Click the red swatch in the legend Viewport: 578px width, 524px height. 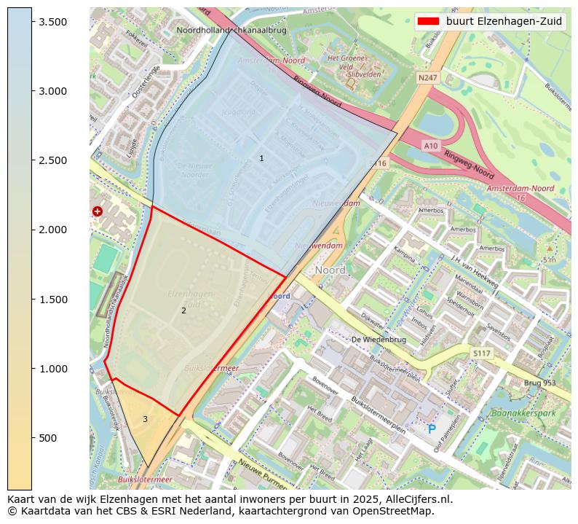click(x=428, y=21)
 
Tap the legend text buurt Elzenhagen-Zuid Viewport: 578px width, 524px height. click(x=504, y=21)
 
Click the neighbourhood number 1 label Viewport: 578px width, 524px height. click(x=261, y=158)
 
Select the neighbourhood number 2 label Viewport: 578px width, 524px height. click(x=183, y=310)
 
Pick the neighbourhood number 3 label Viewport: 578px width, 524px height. click(x=145, y=419)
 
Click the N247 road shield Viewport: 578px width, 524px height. click(x=429, y=77)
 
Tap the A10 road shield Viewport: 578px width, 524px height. click(x=431, y=146)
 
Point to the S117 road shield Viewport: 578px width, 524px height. click(x=482, y=353)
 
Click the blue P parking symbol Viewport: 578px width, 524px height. click(x=432, y=430)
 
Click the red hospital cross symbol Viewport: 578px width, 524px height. click(x=98, y=211)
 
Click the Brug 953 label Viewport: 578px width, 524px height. click(x=539, y=383)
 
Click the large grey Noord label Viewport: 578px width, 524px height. click(x=330, y=270)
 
